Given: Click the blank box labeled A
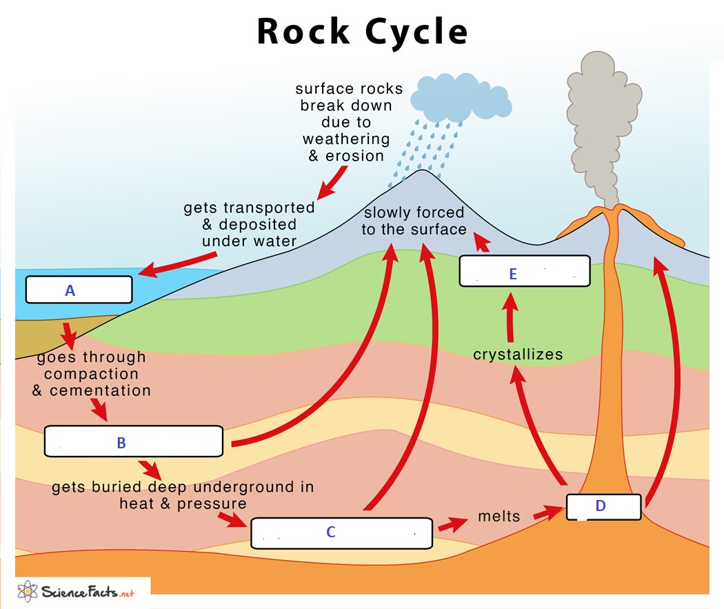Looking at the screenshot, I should click(78, 290).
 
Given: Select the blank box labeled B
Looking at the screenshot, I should click(133, 441).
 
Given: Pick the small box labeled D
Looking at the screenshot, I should click(604, 507).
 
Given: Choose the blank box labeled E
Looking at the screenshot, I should click(525, 271).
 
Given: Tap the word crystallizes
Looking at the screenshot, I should click(518, 355).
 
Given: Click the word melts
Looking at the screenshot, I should click(499, 517).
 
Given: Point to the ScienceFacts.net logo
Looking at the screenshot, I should click(76, 591).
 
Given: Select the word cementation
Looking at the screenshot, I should click(100, 390).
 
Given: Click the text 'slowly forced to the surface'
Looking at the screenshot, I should click(414, 221).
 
